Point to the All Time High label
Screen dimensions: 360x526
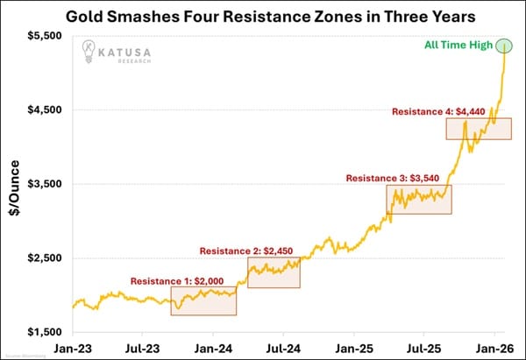(459, 46)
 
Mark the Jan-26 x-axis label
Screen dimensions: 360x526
(495, 348)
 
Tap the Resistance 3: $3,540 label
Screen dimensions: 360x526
(399, 178)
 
